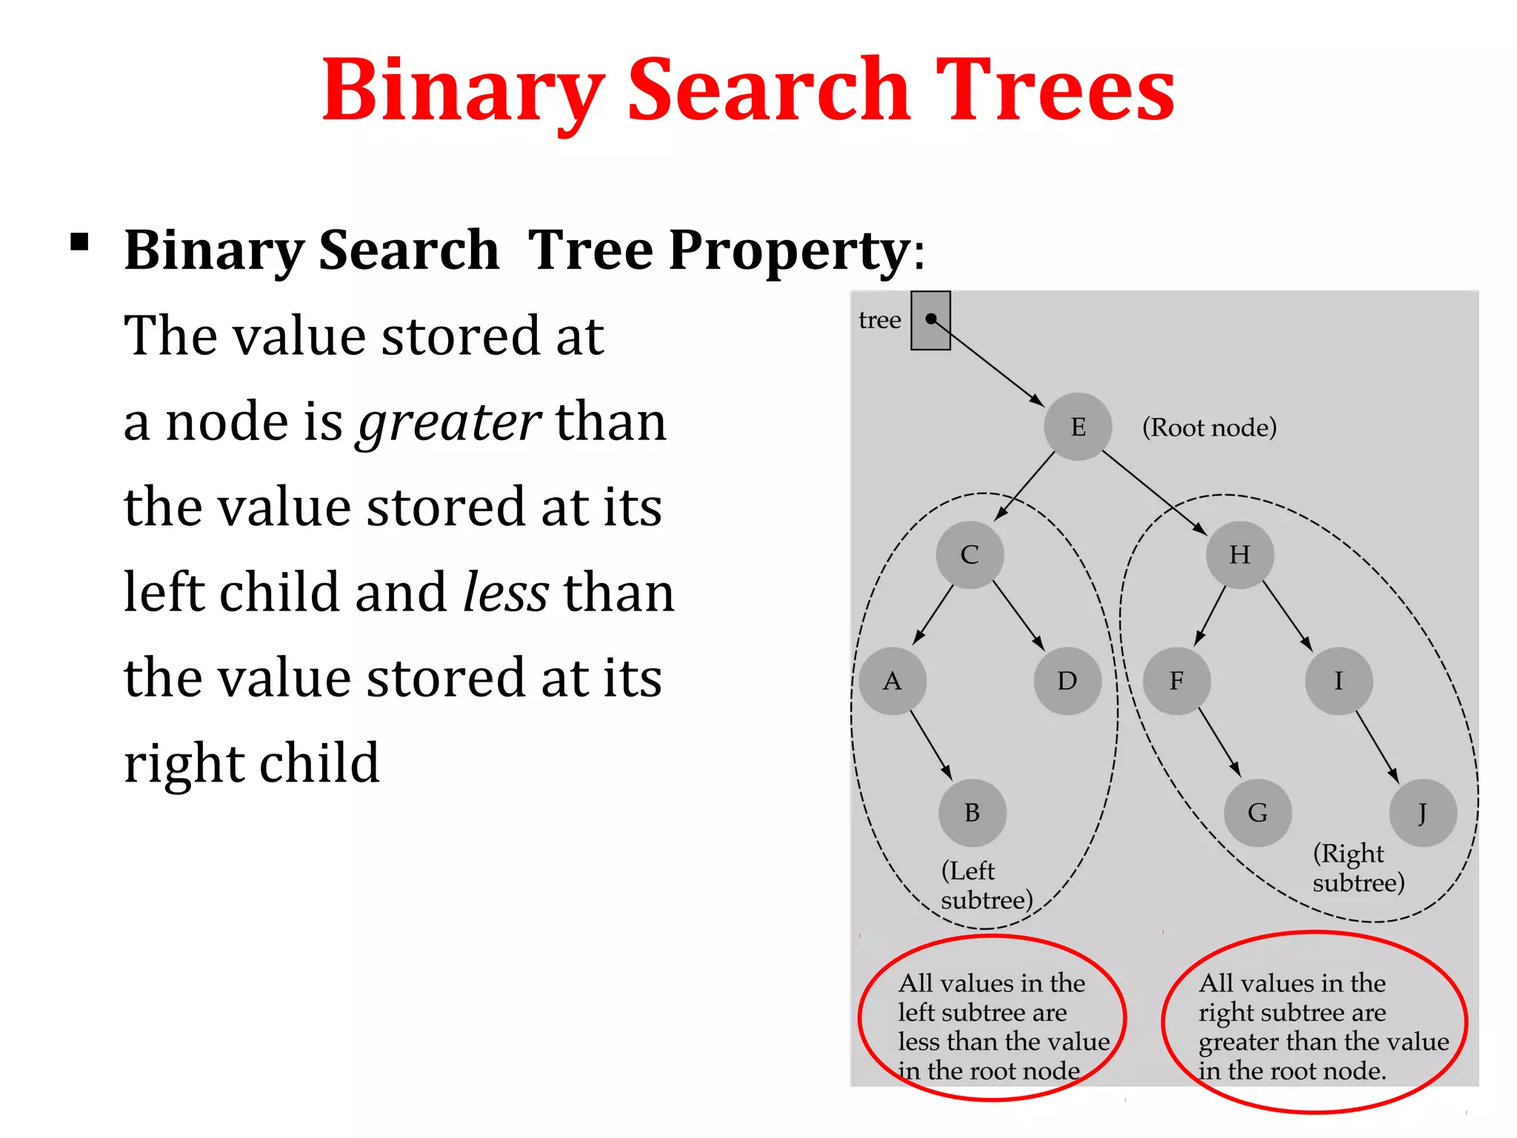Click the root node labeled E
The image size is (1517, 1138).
pos(1078,427)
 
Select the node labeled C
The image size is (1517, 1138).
pos(970,555)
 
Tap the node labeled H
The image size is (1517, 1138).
pos(1239,555)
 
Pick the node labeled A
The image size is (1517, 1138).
pos(893,681)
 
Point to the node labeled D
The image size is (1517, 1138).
pos(1067,681)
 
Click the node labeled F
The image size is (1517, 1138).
pos(1176,681)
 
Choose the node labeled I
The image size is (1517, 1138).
pos(1338,681)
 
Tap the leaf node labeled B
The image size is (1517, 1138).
pos(973,813)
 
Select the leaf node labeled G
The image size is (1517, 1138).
pos(1258,813)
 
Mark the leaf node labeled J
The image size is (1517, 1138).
pos(1423,813)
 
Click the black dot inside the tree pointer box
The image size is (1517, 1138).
pos(931,319)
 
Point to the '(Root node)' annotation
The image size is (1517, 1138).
pos(1209,427)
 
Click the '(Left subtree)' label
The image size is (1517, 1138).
pos(986,885)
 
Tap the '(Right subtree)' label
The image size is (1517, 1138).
pos(1358,868)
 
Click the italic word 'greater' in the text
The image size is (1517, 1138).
pos(449,422)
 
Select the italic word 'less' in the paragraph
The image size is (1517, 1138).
pos(506,593)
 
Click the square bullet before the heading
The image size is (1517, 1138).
pos(79,243)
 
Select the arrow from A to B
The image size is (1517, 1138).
pos(931,746)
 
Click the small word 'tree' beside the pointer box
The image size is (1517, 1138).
pos(879,320)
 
